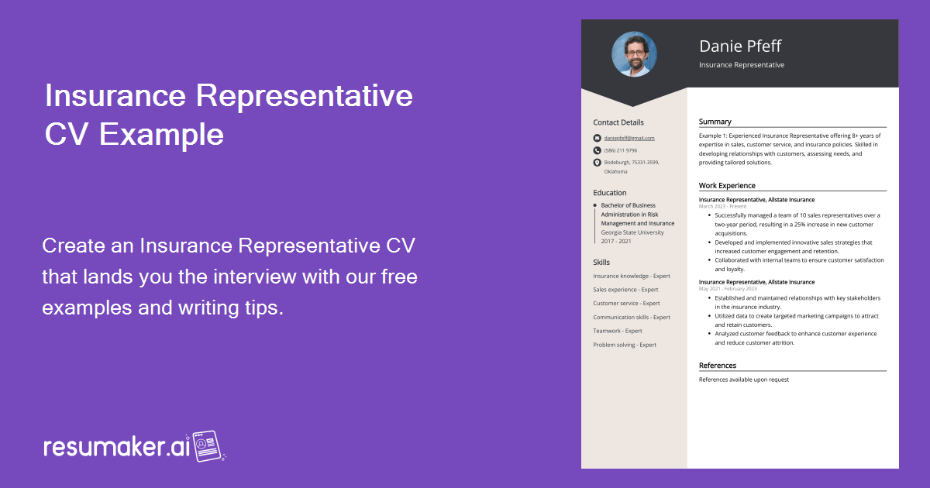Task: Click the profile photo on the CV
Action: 634,54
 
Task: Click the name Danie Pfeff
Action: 739,46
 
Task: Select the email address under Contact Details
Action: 629,138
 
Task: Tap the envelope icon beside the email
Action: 597,138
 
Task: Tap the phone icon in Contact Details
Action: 597,150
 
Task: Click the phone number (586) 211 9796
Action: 621,150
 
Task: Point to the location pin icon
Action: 597,163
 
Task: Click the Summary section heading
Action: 715,122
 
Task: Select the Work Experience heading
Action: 727,186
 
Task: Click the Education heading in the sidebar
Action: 610,193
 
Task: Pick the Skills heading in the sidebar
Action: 601,263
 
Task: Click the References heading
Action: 718,366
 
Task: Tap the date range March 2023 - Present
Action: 722,207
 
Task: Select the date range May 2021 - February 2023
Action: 728,289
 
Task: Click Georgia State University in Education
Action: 632,232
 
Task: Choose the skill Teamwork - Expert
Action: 618,331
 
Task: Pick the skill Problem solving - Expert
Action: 625,345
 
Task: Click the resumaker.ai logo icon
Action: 208,446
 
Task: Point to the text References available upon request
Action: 744,380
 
